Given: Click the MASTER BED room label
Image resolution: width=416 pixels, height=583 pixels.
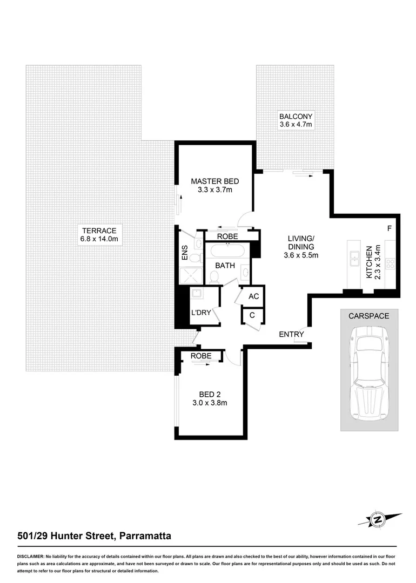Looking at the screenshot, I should [214, 181].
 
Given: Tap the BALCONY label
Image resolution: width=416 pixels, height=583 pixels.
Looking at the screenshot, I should [296, 117].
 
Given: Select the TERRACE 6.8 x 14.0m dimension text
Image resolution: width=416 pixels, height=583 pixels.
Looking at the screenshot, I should [99, 239].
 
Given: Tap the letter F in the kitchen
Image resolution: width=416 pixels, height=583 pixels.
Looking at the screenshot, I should [389, 229].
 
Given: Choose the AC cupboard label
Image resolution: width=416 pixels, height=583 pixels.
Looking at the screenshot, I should [253, 296].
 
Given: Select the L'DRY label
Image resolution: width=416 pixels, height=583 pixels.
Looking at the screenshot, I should [200, 314].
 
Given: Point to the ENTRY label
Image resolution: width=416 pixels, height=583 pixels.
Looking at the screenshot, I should [291, 334].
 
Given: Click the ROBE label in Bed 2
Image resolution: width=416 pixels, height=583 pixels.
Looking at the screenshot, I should [201, 356].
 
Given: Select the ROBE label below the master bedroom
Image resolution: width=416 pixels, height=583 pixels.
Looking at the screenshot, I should [227, 236].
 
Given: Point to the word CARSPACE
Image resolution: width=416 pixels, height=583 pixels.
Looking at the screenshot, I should [369, 316].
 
